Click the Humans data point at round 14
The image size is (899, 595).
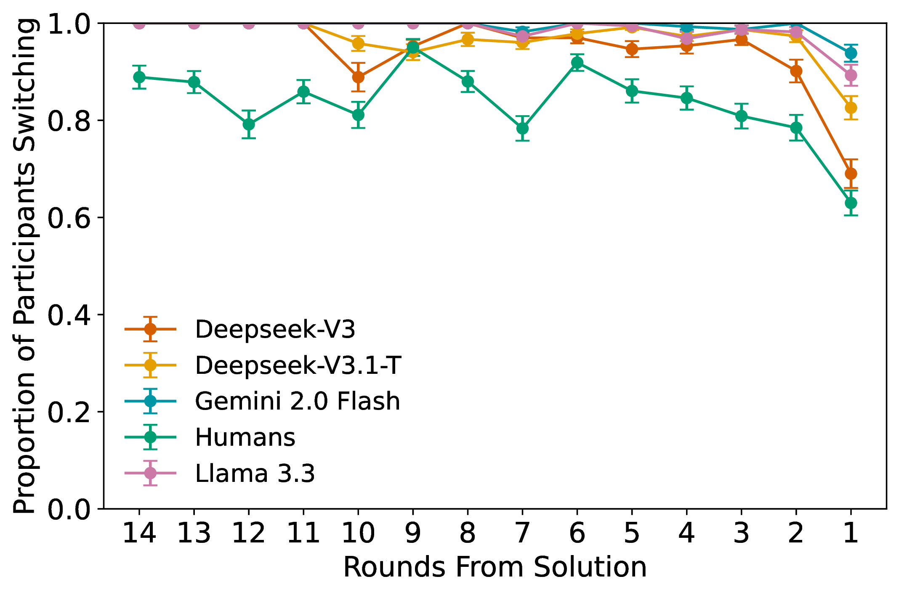(x=139, y=77)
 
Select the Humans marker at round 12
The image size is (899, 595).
(x=249, y=124)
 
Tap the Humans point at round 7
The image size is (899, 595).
(x=522, y=128)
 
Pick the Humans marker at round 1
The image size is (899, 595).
(x=851, y=203)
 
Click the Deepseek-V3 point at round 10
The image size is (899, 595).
(x=358, y=77)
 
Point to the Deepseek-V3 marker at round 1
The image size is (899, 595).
(x=851, y=174)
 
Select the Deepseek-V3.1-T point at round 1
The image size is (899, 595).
(x=851, y=108)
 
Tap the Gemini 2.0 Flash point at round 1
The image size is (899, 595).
(x=851, y=53)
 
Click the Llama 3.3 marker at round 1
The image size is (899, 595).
(x=851, y=75)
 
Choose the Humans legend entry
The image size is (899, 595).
(x=245, y=437)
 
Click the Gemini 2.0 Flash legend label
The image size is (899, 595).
(x=297, y=401)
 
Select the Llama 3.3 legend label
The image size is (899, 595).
(x=255, y=473)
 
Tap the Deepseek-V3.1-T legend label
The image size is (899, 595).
(x=298, y=365)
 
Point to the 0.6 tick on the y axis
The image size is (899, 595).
(x=69, y=218)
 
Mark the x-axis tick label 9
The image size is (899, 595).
(x=413, y=533)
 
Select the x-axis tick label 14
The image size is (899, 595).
(x=139, y=533)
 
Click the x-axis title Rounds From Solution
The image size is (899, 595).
(x=495, y=568)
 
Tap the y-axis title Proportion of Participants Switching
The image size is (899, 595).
(x=24, y=266)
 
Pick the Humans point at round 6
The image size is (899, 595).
(x=577, y=63)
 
